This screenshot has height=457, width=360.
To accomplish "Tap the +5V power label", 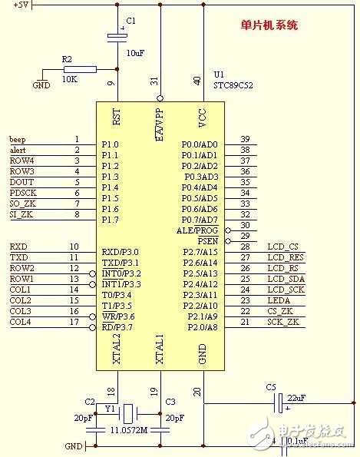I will point(22,5).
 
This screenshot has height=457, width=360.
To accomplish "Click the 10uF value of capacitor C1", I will point(135,54).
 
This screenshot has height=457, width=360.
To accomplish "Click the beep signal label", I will point(17,138).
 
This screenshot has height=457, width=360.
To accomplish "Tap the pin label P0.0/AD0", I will point(199,144).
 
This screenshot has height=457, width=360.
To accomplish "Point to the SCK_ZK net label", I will point(283,321).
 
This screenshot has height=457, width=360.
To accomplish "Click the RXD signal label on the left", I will point(18,247).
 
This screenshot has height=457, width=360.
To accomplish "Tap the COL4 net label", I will point(21,321).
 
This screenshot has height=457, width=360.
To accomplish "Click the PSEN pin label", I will point(208,240).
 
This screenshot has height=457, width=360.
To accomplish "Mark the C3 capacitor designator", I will point(170,401).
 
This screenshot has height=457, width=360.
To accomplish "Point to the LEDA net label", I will point(278,300).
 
